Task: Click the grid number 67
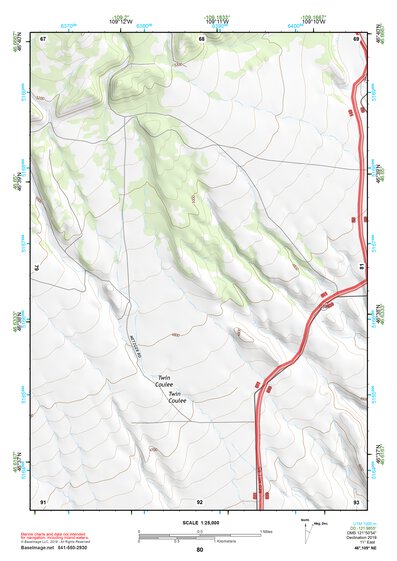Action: click(x=43, y=39)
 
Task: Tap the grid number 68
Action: click(x=201, y=39)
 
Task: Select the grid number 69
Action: click(x=356, y=39)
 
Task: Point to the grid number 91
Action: click(x=43, y=500)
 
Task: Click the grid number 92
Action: click(x=200, y=500)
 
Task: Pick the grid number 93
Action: click(x=356, y=500)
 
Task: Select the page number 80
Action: click(x=200, y=549)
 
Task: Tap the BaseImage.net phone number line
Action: click(x=55, y=547)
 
